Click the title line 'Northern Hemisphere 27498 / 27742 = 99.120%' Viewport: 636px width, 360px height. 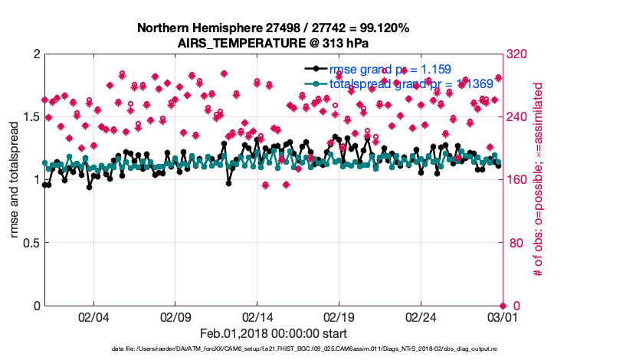[273, 28]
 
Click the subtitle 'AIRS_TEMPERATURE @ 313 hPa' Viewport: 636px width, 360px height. [273, 43]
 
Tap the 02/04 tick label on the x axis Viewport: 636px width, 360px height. [93, 316]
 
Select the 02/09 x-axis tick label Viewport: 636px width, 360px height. [175, 316]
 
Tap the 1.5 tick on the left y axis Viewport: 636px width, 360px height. [30, 116]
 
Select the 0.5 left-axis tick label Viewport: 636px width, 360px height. [30, 243]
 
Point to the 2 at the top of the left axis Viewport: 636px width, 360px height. [36, 54]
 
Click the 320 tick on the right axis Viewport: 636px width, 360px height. [516, 54]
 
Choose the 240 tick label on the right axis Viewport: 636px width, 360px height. [516, 116]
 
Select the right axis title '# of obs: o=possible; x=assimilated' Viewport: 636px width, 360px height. [539, 180]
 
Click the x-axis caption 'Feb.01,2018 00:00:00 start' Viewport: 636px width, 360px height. [273, 333]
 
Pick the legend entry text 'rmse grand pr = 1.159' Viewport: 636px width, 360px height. [389, 69]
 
